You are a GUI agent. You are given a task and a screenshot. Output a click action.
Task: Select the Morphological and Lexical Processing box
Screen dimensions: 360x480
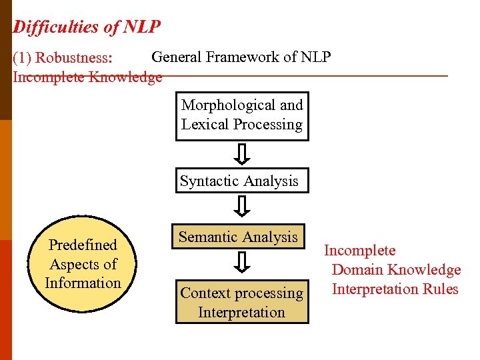tap(242, 115)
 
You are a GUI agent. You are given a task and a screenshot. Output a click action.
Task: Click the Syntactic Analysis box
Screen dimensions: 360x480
tap(242, 181)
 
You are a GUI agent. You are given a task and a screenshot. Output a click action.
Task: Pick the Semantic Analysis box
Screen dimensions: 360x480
tap(239, 237)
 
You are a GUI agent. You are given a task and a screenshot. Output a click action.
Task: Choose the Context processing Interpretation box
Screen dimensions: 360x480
tap(242, 303)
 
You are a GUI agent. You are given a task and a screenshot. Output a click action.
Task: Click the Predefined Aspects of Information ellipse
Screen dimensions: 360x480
tap(83, 264)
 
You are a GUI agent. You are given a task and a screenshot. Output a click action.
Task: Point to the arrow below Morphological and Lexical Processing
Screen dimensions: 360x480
tap(243, 155)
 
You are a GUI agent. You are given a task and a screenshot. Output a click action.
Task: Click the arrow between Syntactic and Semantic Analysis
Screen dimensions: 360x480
tap(243, 207)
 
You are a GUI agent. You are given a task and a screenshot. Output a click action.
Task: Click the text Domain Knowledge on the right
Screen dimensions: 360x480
tap(396, 270)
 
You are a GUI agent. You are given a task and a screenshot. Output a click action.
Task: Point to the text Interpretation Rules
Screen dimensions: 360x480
tap(395, 289)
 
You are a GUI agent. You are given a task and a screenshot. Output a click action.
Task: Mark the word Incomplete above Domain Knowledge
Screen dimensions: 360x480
tap(359, 251)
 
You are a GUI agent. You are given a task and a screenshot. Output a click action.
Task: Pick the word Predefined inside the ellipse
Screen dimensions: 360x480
tap(83, 245)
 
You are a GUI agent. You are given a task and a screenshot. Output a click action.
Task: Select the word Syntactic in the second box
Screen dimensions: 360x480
tap(208, 181)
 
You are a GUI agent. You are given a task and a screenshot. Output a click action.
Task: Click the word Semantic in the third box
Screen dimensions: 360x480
tap(207, 237)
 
